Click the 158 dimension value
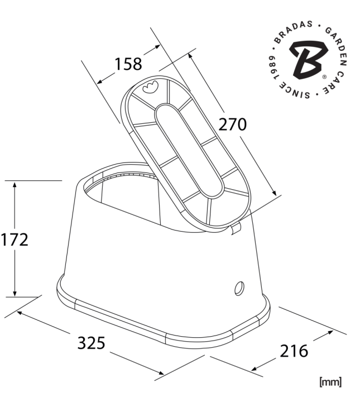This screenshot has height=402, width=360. [x=128, y=64]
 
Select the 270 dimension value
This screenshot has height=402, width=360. [x=232, y=125]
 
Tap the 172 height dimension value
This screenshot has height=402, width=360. [x=15, y=240]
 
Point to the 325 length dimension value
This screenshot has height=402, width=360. [x=91, y=343]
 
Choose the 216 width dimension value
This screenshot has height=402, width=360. [x=294, y=351]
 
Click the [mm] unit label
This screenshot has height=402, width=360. [x=330, y=382]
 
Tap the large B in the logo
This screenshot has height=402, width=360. [x=309, y=59]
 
